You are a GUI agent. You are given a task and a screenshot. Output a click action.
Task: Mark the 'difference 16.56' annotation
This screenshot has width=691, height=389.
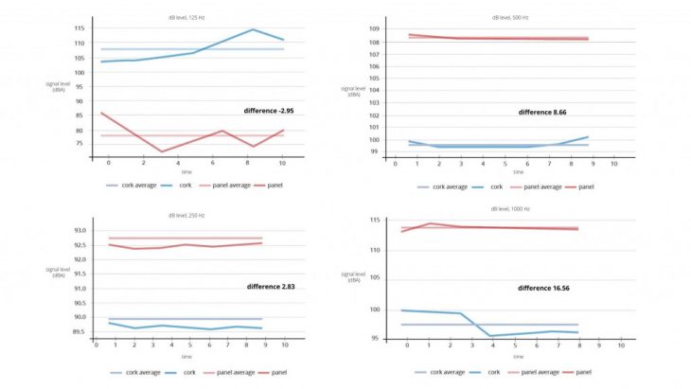pos(543,287)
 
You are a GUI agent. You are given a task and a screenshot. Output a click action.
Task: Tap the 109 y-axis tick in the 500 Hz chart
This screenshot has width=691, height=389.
pos(375,30)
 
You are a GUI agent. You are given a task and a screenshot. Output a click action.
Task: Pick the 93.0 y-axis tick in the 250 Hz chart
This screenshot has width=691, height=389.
pos(80,231)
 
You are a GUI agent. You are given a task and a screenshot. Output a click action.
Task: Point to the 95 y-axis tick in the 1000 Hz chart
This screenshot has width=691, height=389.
pos(375,338)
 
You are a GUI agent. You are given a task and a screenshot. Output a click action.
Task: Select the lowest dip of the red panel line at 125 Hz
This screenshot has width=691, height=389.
pos(162,151)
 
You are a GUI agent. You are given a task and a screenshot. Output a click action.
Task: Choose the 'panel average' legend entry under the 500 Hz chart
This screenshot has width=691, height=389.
pos(544,186)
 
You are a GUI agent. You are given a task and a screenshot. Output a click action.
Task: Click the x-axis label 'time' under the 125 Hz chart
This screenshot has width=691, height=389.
pos(186,172)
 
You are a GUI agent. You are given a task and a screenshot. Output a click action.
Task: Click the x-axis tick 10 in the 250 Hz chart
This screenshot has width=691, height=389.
pos(285,345)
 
